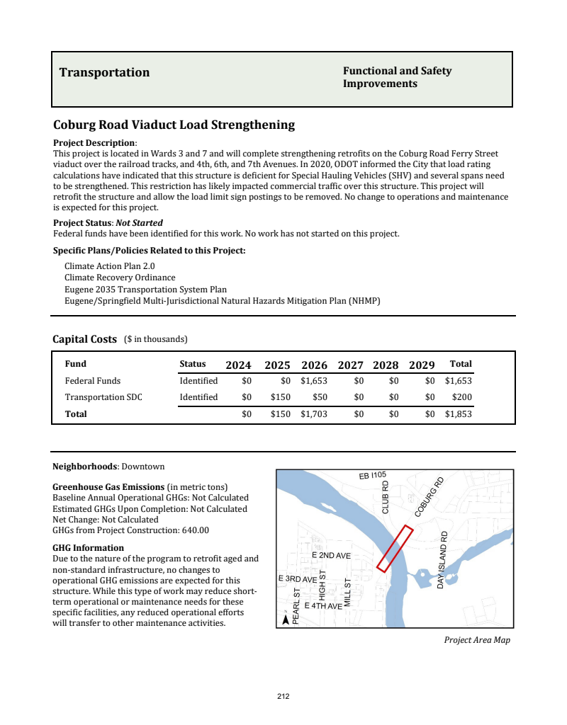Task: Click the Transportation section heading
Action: pyautogui.click(x=104, y=73)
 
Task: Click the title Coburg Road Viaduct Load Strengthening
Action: pyautogui.click(x=174, y=125)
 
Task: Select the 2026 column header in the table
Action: pyautogui.click(x=314, y=365)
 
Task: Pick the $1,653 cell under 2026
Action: pyautogui.click(x=314, y=381)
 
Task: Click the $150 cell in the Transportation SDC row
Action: pyautogui.click(x=281, y=397)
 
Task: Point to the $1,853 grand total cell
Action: pyautogui.click(x=458, y=414)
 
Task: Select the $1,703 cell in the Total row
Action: pyautogui.click(x=314, y=414)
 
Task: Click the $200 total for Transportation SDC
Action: pyautogui.click(x=462, y=397)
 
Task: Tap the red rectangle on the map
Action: pyautogui.click(x=395, y=548)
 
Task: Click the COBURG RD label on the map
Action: pyautogui.click(x=429, y=498)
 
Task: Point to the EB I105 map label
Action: pyautogui.click(x=372, y=475)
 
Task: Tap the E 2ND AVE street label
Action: pyautogui.click(x=331, y=556)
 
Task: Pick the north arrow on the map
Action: pyautogui.click(x=286, y=619)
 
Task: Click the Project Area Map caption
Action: pyautogui.click(x=476, y=640)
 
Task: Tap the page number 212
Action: pyautogui.click(x=283, y=697)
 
